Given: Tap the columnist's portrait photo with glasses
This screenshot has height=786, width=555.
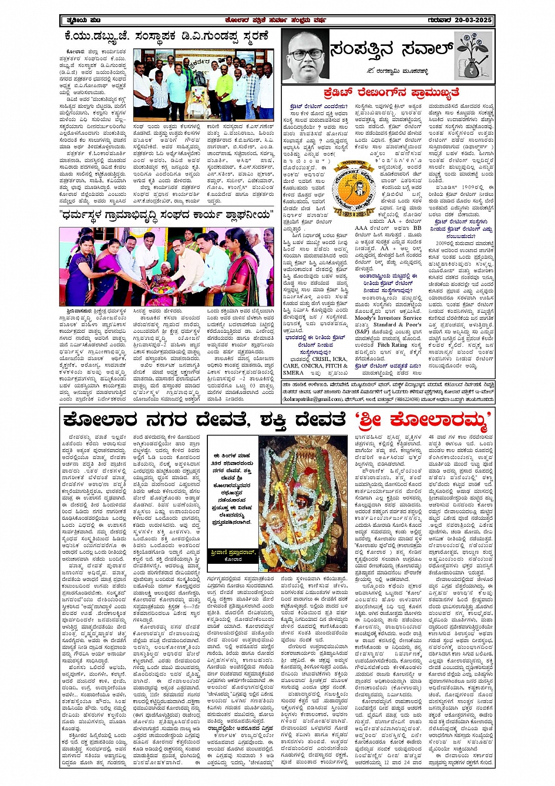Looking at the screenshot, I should tap(304, 58).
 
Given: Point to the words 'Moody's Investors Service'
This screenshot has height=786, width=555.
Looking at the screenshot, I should tap(388, 317).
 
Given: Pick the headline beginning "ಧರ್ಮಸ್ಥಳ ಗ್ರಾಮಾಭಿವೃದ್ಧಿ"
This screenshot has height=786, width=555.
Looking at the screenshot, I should tap(167, 214).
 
